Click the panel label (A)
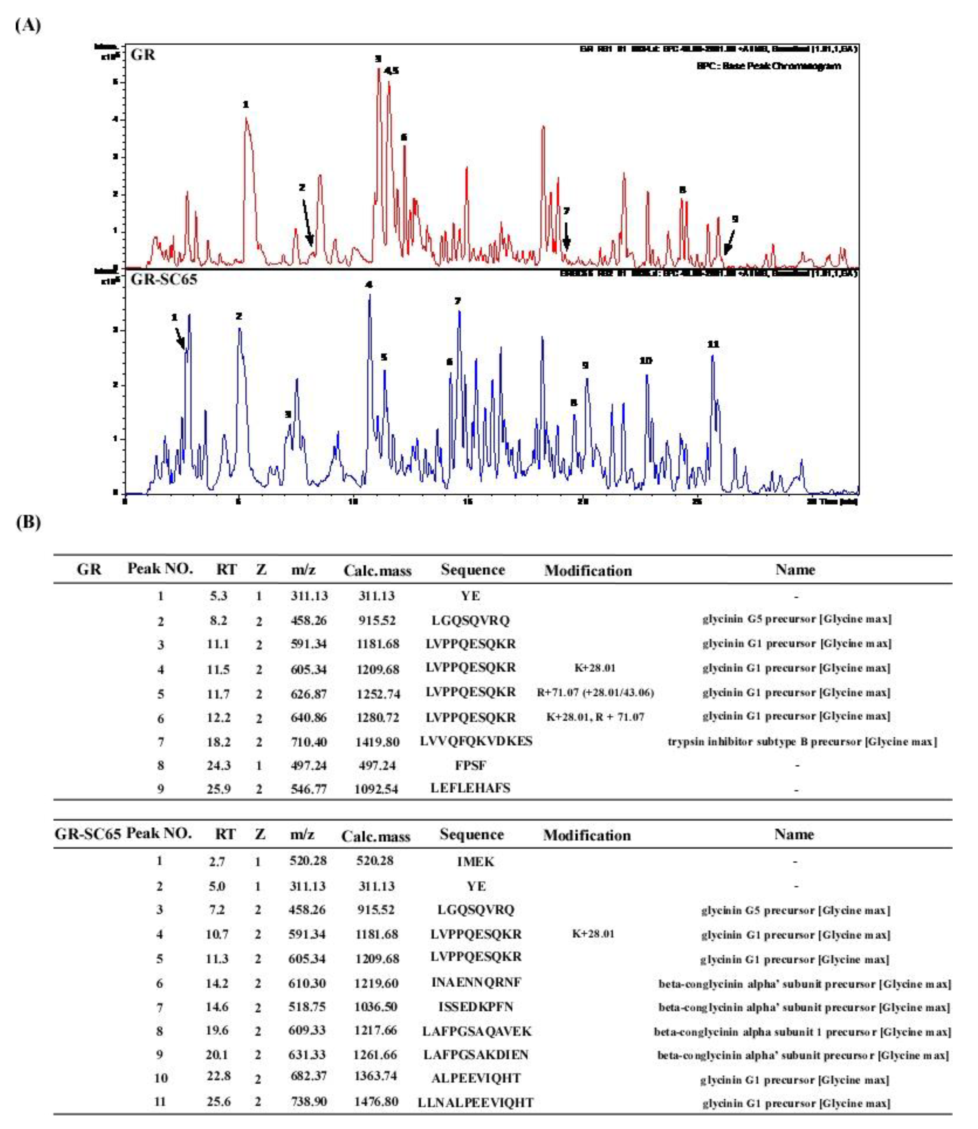point(27,26)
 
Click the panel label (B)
point(27,522)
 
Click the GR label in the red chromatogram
point(143,54)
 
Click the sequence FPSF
point(470,765)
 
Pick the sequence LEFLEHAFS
point(470,788)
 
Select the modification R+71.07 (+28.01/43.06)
point(595,693)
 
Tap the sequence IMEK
point(475,862)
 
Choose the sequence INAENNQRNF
point(476,982)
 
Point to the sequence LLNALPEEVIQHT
point(475,1102)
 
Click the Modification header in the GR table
point(588,571)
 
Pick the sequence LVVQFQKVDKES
point(476,741)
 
